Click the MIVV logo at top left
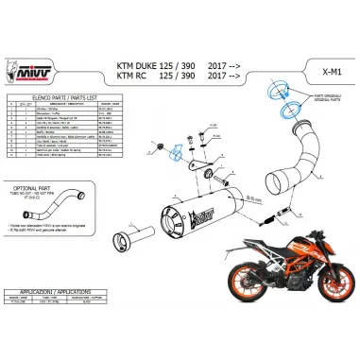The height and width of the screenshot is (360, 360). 30,73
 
